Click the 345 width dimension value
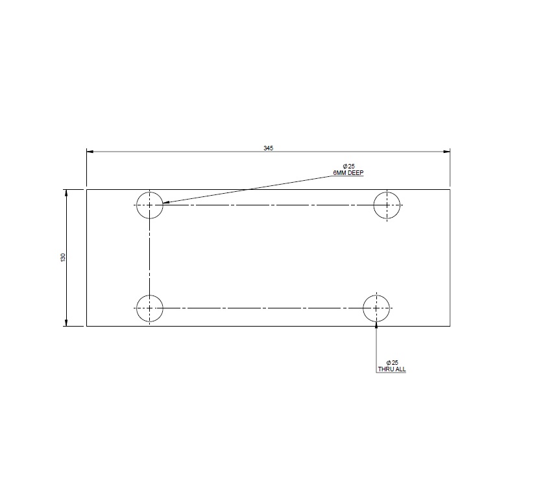click(269, 148)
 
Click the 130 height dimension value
click(63, 257)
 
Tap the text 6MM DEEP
click(348, 174)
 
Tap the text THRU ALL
click(392, 369)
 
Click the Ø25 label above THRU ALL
click(392, 362)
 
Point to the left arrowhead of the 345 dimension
click(91, 152)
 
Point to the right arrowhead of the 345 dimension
click(446, 152)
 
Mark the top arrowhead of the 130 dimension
click(66, 193)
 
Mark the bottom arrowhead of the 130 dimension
click(66, 322)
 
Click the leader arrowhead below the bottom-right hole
click(377, 325)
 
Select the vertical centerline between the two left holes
click(150, 256)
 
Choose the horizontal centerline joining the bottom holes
click(263, 308)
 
